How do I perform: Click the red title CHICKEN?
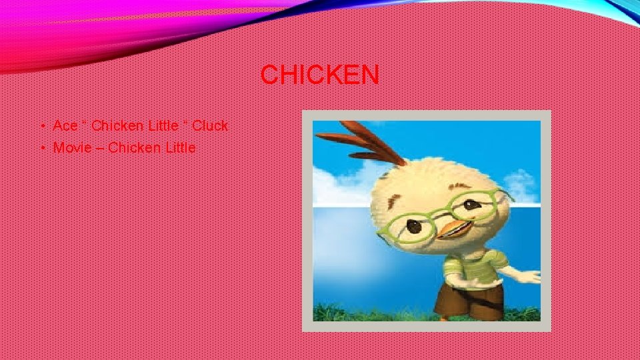(320, 75)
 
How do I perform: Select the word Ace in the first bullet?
(65, 125)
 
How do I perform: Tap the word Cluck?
(210, 125)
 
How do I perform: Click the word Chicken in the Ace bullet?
(116, 125)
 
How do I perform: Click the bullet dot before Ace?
(42, 126)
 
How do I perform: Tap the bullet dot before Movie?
(42, 148)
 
